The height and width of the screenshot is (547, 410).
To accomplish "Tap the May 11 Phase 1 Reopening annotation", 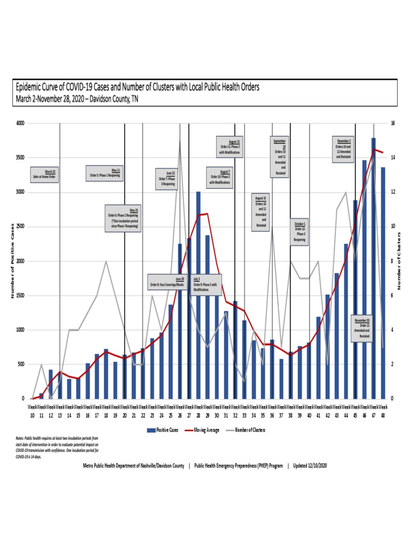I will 105,173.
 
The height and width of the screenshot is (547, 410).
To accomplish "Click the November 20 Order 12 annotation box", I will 365,329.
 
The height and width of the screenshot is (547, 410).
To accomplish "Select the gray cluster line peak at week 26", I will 179,141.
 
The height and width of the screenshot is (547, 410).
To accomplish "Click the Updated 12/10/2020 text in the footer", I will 310,465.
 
